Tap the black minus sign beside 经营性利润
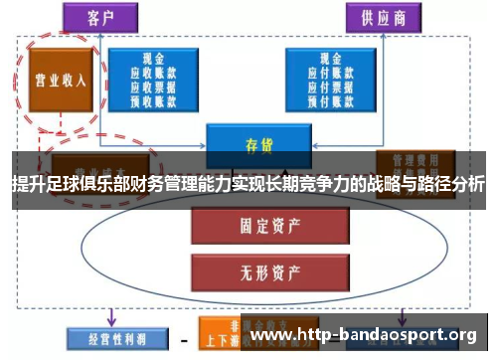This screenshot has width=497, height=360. click(x=183, y=340)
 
